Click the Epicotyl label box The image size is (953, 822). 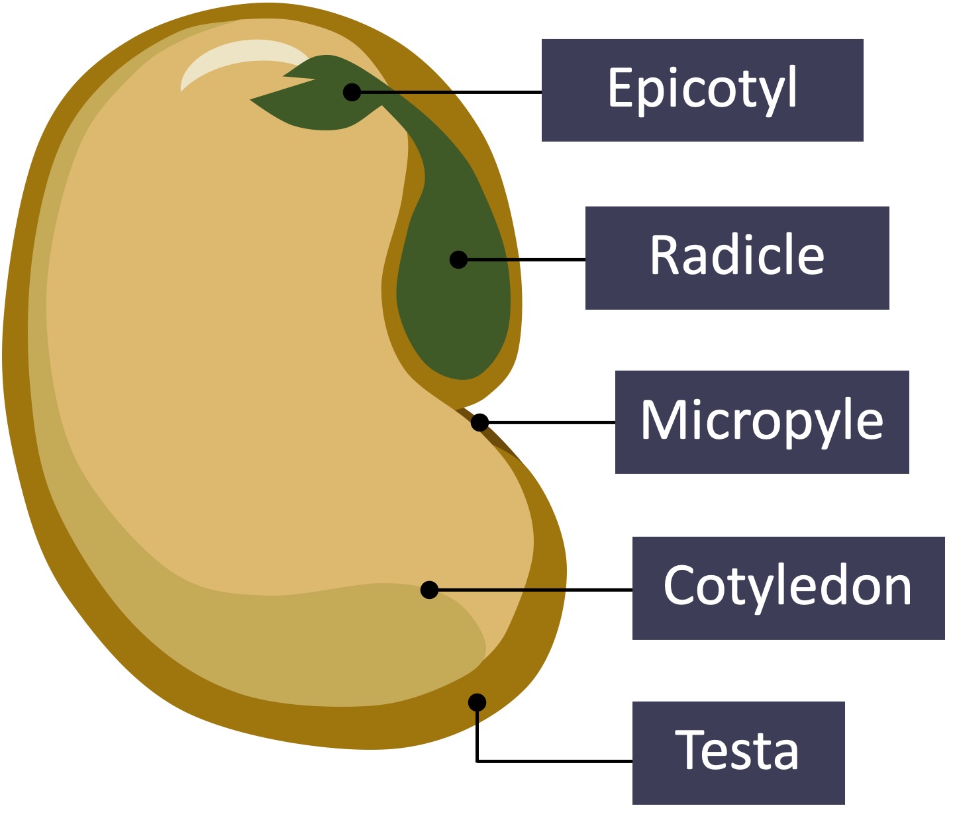[x=702, y=90]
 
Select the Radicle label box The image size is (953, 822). [x=737, y=257]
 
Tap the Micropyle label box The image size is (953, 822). [x=762, y=422]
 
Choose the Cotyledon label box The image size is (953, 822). [x=788, y=588]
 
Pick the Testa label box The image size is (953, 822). [x=738, y=753]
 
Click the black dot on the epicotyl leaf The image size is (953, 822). [x=352, y=93]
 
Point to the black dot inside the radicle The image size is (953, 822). [x=458, y=259]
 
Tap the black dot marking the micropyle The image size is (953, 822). [x=480, y=422]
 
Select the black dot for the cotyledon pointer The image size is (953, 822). [x=429, y=590]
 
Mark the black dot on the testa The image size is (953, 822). [x=477, y=703]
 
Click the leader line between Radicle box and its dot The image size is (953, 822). [x=526, y=260]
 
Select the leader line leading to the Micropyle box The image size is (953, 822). [x=552, y=422]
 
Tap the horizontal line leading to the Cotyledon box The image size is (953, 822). [x=535, y=590]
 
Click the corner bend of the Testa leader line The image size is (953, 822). [x=477, y=761]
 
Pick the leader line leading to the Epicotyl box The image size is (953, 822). [x=451, y=93]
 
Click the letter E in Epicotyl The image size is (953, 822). [x=621, y=87]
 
